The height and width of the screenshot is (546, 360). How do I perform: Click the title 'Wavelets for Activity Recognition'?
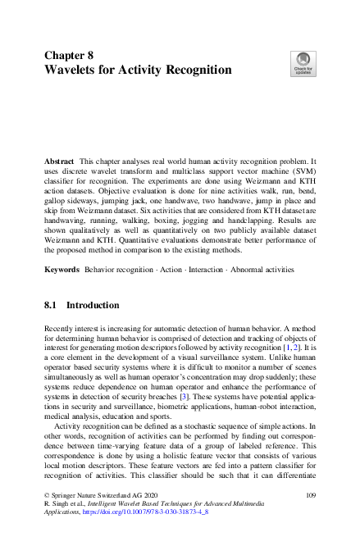point(138,70)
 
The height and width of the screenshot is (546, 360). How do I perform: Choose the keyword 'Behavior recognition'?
point(125,269)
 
